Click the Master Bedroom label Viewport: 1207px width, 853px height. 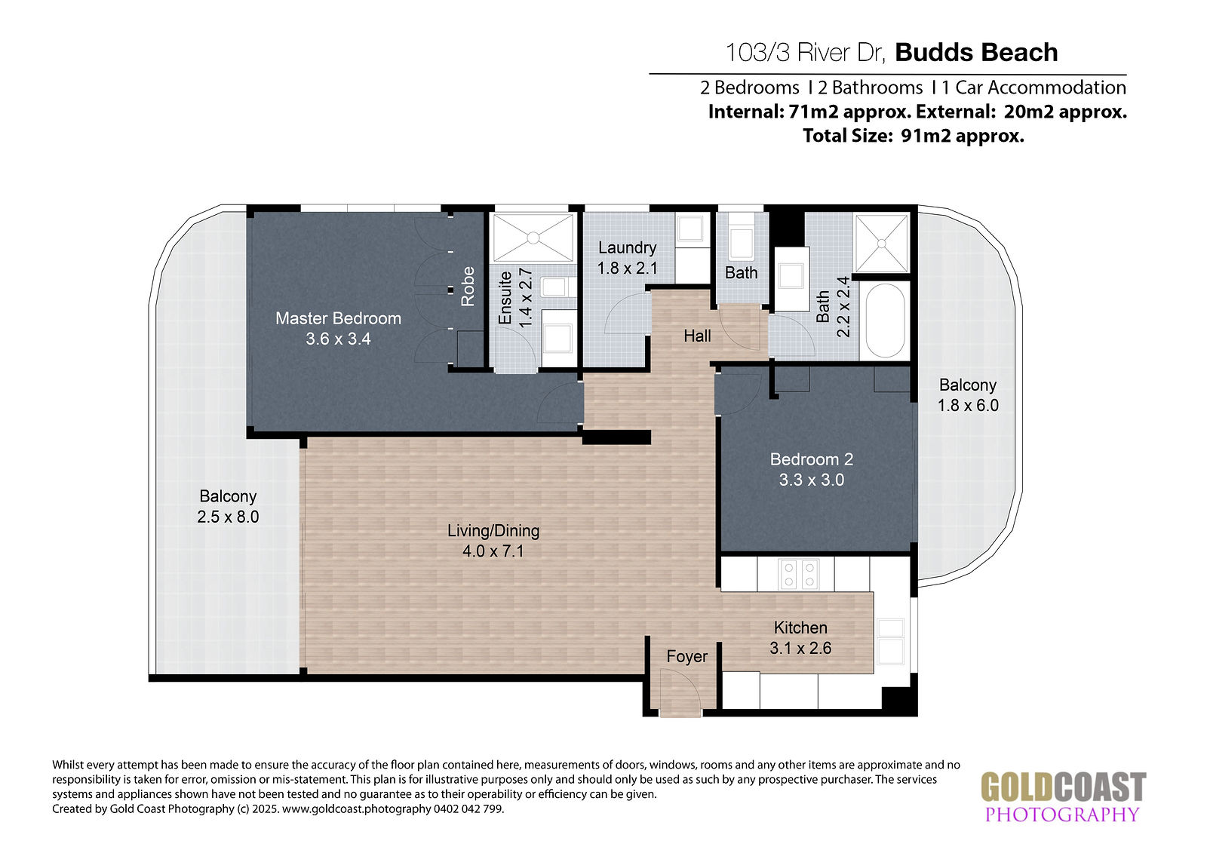pyautogui.click(x=339, y=318)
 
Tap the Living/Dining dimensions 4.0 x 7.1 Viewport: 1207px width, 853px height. pyautogui.click(x=493, y=551)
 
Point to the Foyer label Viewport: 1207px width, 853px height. pyautogui.click(x=686, y=656)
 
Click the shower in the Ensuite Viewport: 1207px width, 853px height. pyautogui.click(x=533, y=237)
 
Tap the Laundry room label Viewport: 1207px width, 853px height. pyautogui.click(x=627, y=247)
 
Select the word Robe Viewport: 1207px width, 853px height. pyautogui.click(x=468, y=286)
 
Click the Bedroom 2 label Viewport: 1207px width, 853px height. pyautogui.click(x=812, y=459)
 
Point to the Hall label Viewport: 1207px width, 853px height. pyautogui.click(x=697, y=336)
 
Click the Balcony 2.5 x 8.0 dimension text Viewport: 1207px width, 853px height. pyautogui.click(x=228, y=517)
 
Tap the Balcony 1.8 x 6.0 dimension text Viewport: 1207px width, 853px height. pyautogui.click(x=968, y=405)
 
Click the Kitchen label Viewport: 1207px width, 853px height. pyautogui.click(x=800, y=627)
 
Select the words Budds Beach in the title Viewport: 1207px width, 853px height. pyautogui.click(x=976, y=52)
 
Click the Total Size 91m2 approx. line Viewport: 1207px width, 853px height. pyautogui.click(x=914, y=135)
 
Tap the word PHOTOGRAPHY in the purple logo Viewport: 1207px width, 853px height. pyautogui.click(x=1062, y=814)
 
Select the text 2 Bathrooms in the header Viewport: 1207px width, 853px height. pyautogui.click(x=871, y=87)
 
